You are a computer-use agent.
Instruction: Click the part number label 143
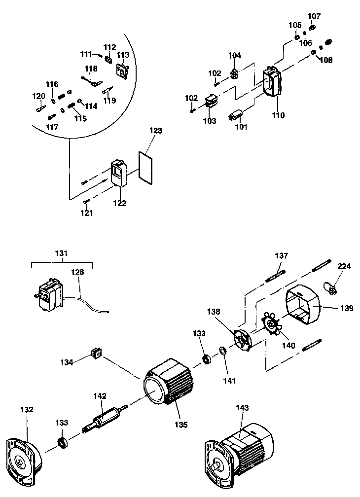[243, 407]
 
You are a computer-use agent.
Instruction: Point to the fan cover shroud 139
[304, 305]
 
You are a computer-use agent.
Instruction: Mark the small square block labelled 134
[97, 353]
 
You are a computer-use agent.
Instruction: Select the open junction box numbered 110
[272, 80]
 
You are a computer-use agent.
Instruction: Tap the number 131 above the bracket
[62, 253]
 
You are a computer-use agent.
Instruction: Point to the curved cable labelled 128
[86, 303]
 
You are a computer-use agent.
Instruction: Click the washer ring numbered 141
[223, 351]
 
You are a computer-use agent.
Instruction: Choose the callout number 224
[344, 266]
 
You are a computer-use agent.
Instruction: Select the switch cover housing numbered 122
[118, 173]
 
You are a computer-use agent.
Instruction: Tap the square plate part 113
[123, 69]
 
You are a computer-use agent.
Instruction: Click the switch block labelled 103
[211, 102]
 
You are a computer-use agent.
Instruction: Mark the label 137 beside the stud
[282, 256]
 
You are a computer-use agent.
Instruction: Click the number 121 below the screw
[86, 213]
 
